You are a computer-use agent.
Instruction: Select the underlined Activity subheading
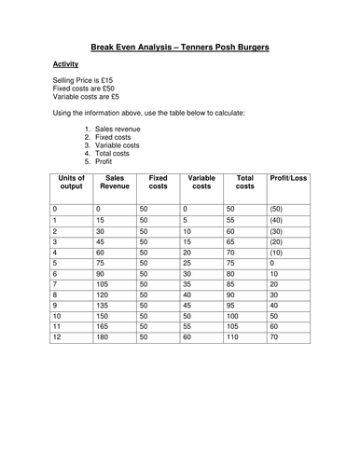65,64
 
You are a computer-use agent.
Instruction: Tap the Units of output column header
72,184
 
